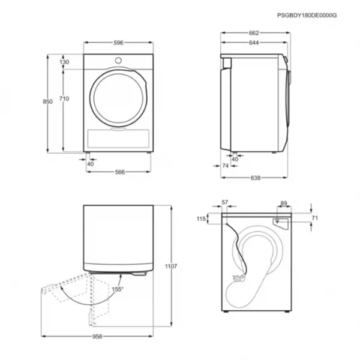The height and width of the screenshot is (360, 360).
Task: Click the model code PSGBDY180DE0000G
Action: (x=307, y=16)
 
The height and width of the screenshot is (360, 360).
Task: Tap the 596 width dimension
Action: (x=118, y=43)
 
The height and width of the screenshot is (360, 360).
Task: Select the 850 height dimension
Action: (x=47, y=101)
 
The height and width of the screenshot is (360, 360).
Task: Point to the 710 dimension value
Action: (x=64, y=98)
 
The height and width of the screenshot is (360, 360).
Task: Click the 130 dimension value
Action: (x=64, y=62)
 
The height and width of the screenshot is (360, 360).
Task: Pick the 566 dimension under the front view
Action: (x=120, y=172)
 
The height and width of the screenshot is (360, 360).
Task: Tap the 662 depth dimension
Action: (x=254, y=33)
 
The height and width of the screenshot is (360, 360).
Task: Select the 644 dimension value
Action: (x=254, y=43)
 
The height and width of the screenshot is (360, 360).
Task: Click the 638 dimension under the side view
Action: (x=256, y=178)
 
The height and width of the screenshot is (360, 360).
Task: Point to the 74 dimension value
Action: (x=226, y=166)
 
